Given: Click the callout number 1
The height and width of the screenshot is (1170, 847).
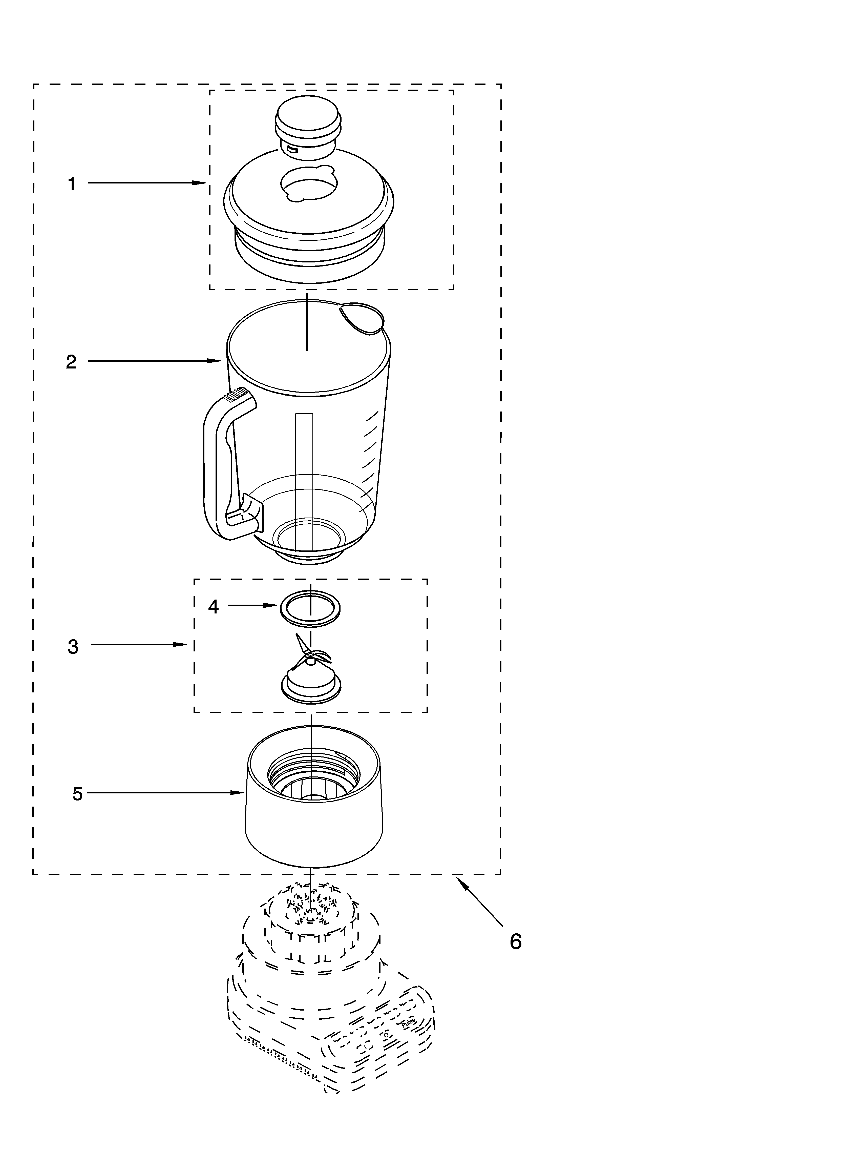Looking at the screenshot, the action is tap(72, 184).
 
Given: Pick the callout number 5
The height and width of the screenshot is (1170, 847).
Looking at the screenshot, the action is tap(77, 794).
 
